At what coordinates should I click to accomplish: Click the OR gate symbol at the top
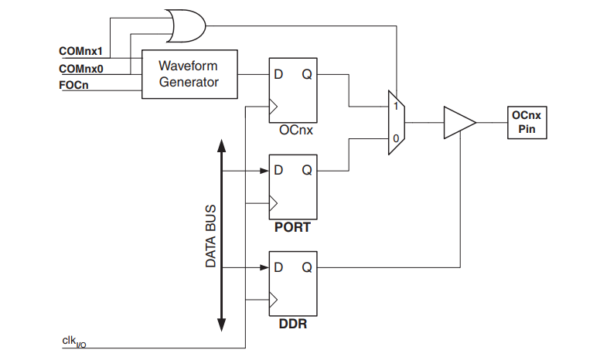coord(185,22)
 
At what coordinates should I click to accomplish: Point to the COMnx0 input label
coord(83,68)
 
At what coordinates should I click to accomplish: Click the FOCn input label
coord(76,87)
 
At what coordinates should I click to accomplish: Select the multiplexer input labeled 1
coord(396,106)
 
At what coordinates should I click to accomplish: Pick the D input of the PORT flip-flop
coord(278,170)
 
